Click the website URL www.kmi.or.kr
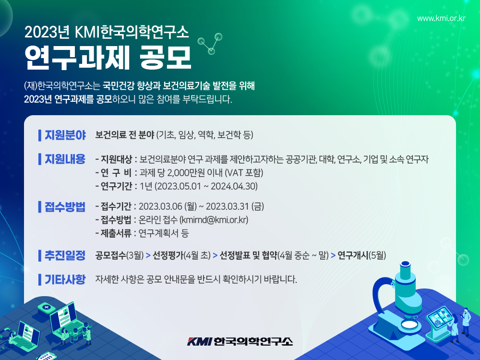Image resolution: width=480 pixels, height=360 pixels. click(441, 18)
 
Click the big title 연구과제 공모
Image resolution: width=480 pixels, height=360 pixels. click(108, 58)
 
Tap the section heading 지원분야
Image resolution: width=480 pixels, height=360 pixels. click(65, 135)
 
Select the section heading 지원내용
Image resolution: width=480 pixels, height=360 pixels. click(65, 159)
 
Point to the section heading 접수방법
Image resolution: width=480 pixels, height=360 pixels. click(65, 206)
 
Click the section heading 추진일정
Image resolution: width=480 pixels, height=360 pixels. click(65, 255)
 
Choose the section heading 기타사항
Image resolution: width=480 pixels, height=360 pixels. click(65, 279)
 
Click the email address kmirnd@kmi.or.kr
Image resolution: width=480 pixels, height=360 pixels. click(214, 220)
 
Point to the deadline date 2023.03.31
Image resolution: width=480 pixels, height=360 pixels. click(227, 206)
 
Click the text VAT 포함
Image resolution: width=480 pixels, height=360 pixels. click(244, 173)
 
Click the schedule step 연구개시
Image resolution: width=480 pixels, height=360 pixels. click(353, 255)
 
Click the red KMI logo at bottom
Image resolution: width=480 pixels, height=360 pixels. click(199, 341)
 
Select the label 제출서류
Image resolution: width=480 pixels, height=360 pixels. click(116, 233)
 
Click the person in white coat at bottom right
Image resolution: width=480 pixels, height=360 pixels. click(465, 322)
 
